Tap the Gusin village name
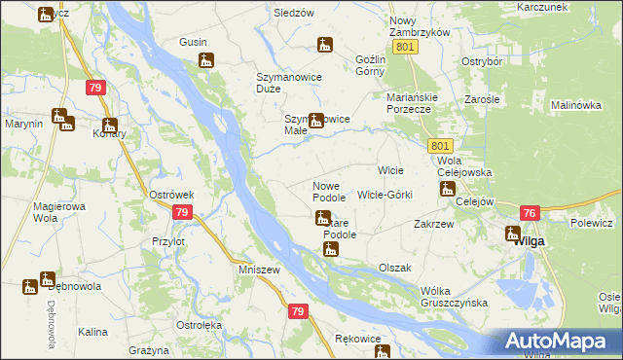[x=193, y=42]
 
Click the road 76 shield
[x=531, y=213]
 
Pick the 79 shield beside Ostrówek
[x=181, y=212]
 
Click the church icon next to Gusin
[x=205, y=61]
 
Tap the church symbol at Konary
[x=110, y=126]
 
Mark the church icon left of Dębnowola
[x=30, y=287]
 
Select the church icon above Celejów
[x=448, y=189]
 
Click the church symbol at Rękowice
[x=382, y=352]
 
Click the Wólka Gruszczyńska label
[x=454, y=297]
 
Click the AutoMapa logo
[x=562, y=341]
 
